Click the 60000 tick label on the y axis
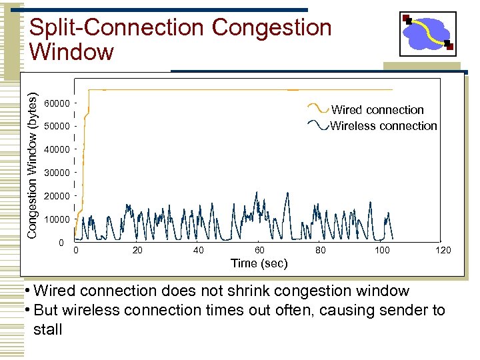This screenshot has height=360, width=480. click(x=56, y=103)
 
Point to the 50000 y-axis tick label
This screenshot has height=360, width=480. click(x=56, y=127)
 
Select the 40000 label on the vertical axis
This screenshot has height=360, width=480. click(x=56, y=150)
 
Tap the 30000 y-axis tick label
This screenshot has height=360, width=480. click(x=56, y=173)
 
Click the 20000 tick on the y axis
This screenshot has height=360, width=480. click(x=56, y=197)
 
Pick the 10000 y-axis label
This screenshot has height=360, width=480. click(x=56, y=219)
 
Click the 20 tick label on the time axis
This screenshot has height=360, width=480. click(x=137, y=250)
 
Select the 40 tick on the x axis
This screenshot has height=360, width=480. click(x=199, y=250)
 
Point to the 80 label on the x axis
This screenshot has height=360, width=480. click(x=321, y=250)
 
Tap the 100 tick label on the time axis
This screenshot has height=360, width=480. click(x=382, y=250)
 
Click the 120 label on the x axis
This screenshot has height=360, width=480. click(x=443, y=250)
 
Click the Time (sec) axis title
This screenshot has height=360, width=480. click(x=259, y=263)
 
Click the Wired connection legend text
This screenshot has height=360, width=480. click(x=377, y=110)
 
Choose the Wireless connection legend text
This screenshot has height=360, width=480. click(x=383, y=126)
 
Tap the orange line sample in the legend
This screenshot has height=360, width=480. click(x=318, y=107)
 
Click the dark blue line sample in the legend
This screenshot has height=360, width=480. click(x=318, y=123)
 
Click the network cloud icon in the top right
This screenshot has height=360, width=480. click(x=427, y=33)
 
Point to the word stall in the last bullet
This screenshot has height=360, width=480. click(x=47, y=329)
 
